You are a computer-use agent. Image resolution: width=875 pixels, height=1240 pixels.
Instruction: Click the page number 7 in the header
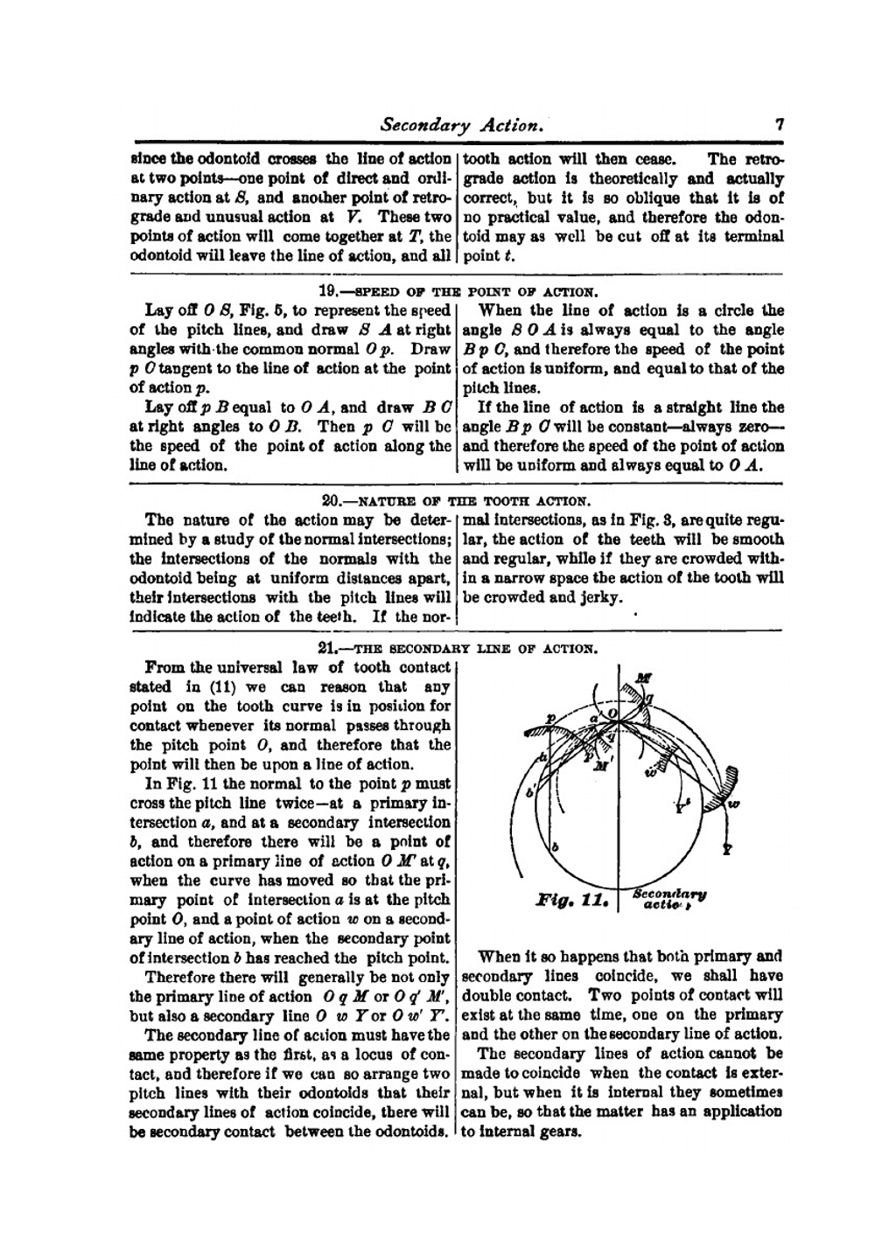tap(779, 124)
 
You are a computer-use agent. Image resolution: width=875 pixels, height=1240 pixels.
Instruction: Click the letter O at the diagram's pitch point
tap(612, 714)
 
